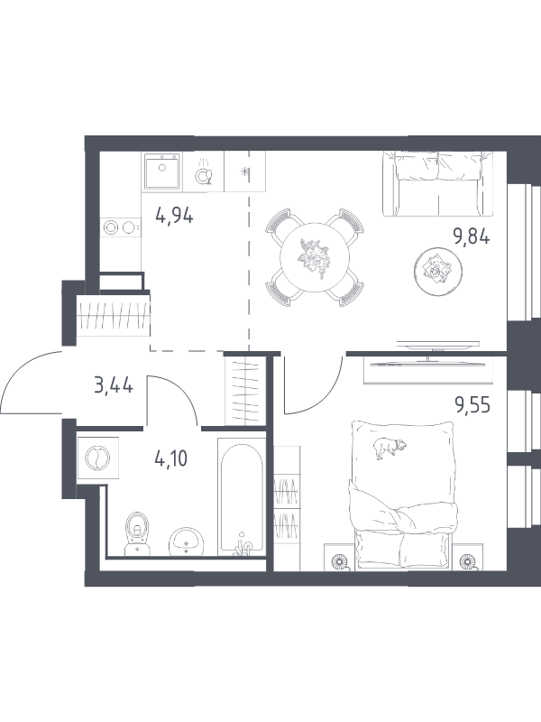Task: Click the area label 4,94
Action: [174, 215]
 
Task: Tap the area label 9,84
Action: [472, 236]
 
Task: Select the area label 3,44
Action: [114, 385]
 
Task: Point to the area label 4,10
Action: [171, 459]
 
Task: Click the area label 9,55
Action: [472, 405]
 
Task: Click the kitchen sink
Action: [161, 171]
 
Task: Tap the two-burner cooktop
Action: [121, 227]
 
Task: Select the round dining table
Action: [315, 257]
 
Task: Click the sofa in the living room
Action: [437, 184]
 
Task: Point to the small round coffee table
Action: [437, 271]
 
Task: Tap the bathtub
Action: [241, 497]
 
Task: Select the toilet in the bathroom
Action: [137, 532]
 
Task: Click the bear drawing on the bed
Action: [390, 448]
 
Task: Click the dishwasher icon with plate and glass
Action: [203, 171]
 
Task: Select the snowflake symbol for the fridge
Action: [245, 172]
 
